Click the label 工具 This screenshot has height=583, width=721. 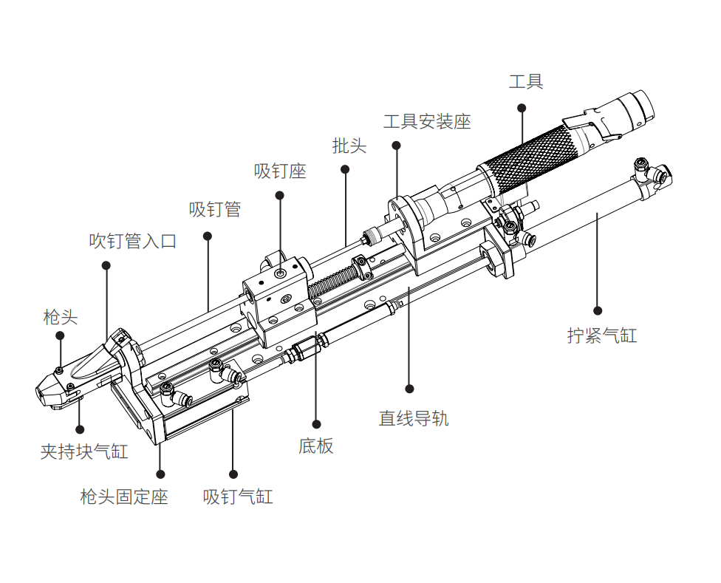tap(526, 82)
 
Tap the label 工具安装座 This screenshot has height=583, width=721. tap(427, 122)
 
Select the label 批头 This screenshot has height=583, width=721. tap(349, 146)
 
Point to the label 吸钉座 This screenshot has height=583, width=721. tap(280, 171)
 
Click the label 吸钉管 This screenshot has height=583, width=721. tap(215, 210)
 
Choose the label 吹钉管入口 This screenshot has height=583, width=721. tap(133, 241)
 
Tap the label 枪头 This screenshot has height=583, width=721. tap(61, 317)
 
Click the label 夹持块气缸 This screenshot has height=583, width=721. tap(84, 451)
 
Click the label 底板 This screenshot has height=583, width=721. tap(316, 446)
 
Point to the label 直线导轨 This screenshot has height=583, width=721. tap(414, 418)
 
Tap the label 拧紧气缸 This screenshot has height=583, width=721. tap(602, 335)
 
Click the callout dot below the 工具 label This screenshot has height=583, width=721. tap(522, 108)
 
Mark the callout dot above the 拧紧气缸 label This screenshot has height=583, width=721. tap(598, 311)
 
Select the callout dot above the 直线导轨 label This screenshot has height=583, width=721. tap(410, 389)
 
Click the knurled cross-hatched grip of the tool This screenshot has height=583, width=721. tap(529, 160)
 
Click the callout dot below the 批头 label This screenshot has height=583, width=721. tap(345, 169)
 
